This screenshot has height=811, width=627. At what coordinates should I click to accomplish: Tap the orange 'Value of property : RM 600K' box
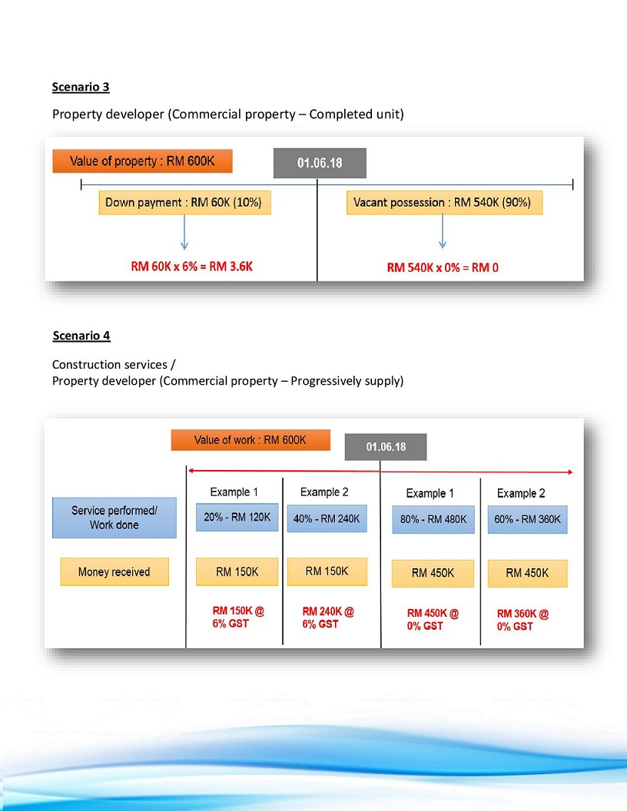(x=142, y=162)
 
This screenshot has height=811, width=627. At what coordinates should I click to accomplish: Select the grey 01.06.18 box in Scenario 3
(x=320, y=163)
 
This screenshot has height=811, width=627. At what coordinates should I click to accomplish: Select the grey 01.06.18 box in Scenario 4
(x=386, y=447)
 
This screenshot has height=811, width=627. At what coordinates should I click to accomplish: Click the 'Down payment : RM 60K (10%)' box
(x=184, y=204)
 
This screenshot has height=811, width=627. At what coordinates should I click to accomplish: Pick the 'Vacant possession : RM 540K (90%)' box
(x=444, y=204)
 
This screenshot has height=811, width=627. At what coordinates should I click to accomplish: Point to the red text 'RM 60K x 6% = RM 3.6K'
(x=191, y=266)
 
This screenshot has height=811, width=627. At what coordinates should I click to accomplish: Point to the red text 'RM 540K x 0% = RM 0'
(x=443, y=267)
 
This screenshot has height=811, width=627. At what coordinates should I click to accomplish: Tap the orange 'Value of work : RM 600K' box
(x=250, y=440)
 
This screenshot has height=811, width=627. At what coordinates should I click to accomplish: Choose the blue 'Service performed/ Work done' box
(x=114, y=518)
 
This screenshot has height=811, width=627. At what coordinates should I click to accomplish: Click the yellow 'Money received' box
(x=114, y=572)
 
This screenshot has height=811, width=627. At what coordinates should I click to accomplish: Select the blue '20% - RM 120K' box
(x=237, y=518)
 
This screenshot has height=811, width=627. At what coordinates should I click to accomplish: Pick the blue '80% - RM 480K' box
(x=433, y=519)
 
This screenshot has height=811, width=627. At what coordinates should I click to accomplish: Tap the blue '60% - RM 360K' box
(x=527, y=519)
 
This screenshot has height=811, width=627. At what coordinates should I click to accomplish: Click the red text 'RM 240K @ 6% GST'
(x=328, y=618)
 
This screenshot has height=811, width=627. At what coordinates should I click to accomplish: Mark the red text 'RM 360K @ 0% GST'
(x=523, y=620)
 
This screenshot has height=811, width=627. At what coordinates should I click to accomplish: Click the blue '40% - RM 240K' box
(x=327, y=518)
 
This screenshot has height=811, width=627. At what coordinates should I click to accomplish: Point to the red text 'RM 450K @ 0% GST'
(x=433, y=619)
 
